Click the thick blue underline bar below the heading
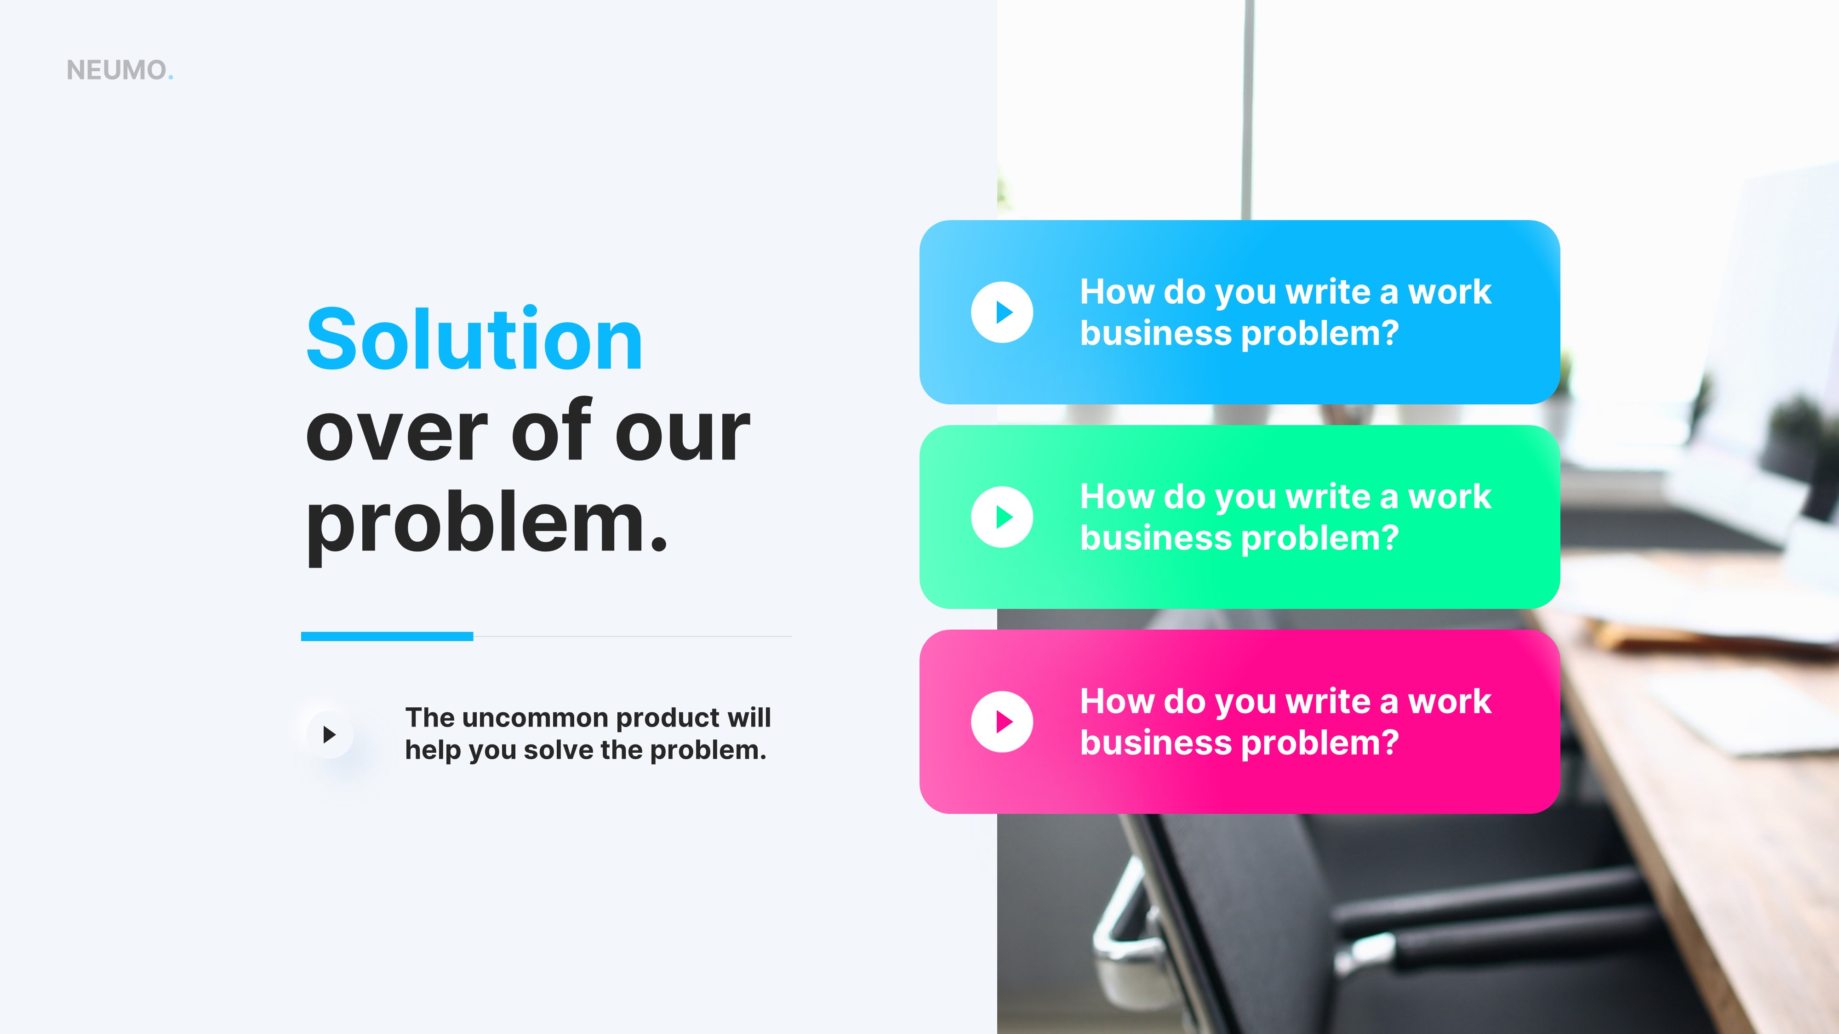click(387, 636)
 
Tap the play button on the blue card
click(1002, 312)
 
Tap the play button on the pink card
click(1002, 722)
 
